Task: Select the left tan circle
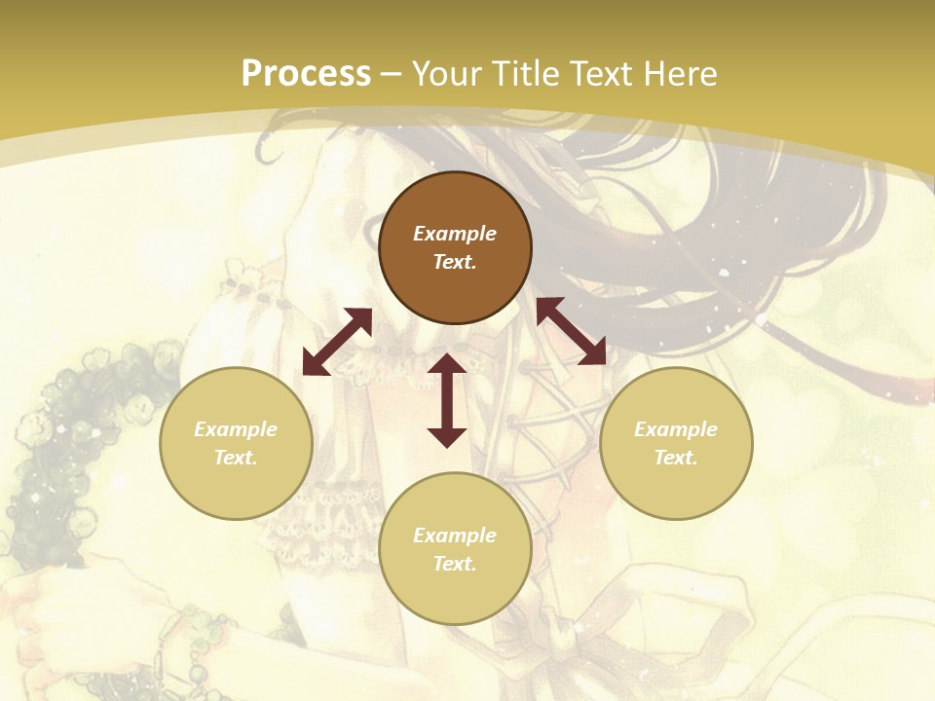236,442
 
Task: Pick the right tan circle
676,442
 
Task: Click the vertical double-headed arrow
447,400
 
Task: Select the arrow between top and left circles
337,342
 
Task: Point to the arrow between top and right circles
571,331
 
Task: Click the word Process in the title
306,73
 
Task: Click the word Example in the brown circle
455,234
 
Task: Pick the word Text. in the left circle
236,458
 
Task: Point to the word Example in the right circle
676,429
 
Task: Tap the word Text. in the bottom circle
455,564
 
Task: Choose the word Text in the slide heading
599,73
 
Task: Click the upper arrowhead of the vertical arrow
447,365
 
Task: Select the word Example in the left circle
236,429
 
